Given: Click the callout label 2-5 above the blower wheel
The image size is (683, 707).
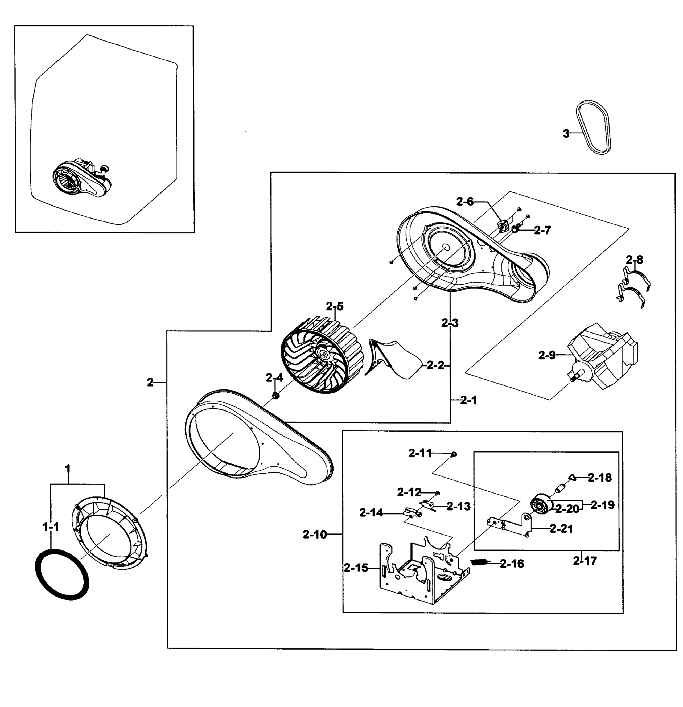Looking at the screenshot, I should point(334,307).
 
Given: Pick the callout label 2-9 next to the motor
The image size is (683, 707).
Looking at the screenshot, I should point(547,356).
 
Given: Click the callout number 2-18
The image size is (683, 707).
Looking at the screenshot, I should point(599,478).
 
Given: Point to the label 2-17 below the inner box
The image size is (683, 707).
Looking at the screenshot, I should point(585,561).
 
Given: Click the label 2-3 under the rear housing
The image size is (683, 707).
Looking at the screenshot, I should point(450,323).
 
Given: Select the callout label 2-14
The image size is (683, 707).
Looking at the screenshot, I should point(371,513).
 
